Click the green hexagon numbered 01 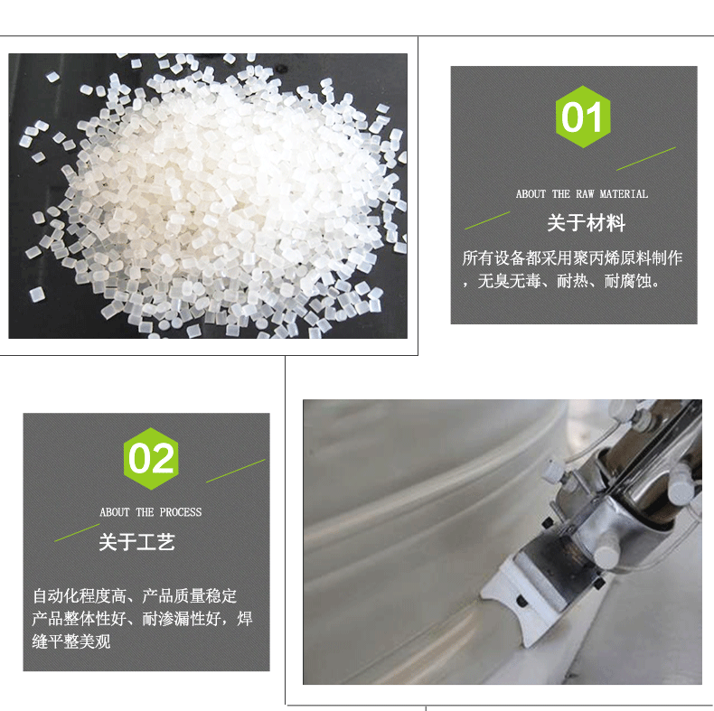(x=583, y=117)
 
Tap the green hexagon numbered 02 (x=151, y=459)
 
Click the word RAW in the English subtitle (x=585, y=194)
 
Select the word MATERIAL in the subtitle (x=624, y=194)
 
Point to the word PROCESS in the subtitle (x=181, y=512)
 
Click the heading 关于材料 (x=586, y=223)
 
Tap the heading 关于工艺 (x=136, y=542)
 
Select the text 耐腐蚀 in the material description (x=627, y=281)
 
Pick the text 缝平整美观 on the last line (x=71, y=641)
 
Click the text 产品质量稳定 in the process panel (x=190, y=596)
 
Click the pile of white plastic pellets (x=214, y=196)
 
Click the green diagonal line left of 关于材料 (x=487, y=220)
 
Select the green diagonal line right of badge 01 (x=645, y=158)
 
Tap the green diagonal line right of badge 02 (x=235, y=471)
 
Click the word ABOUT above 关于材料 (x=531, y=194)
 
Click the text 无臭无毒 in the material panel (x=509, y=281)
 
